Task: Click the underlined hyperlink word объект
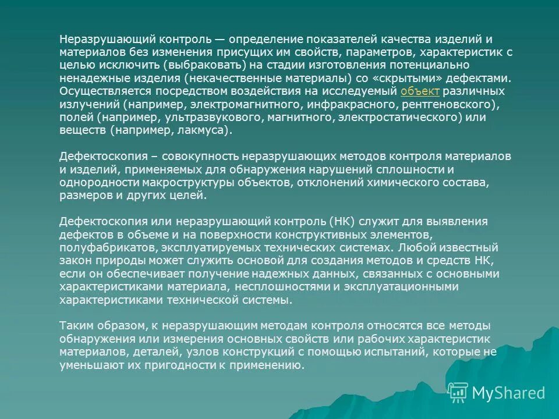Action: click(420, 92)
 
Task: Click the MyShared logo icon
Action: click(458, 392)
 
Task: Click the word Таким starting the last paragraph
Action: click(76, 326)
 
